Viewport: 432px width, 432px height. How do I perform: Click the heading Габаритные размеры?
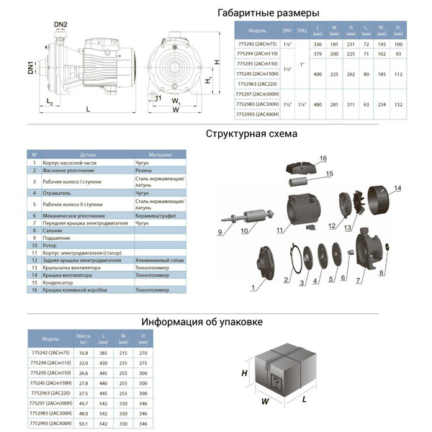(267, 13)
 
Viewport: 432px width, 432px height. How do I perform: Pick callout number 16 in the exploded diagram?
(323, 158)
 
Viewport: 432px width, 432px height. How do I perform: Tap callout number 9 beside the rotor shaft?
(220, 232)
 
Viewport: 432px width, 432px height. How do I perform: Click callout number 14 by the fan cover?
(397, 189)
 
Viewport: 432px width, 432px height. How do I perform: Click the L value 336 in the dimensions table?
(318, 44)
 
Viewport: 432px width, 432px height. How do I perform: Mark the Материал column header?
(160, 155)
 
